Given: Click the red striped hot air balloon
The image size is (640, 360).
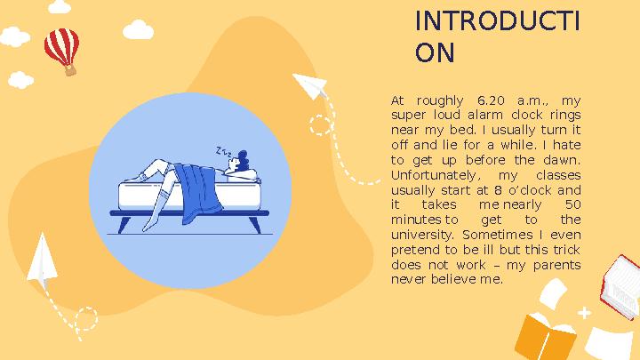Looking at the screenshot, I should point(61,48).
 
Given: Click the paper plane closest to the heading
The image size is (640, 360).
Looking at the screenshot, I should point(311,86).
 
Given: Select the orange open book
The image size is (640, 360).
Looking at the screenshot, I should point(546,336).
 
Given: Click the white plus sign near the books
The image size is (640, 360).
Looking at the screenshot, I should point(584,313).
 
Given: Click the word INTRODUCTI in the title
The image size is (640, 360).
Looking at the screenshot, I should point(498,22).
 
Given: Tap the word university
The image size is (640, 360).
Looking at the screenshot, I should point(420,235).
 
